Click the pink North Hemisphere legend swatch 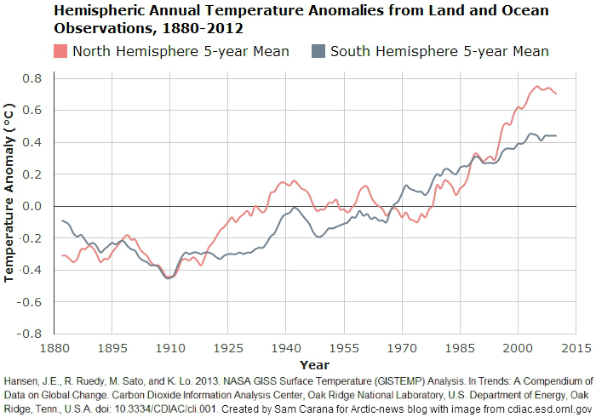coord(61,51)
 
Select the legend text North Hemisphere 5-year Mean coord(181,51)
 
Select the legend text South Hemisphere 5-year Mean coord(439,51)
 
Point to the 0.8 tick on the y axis coord(32,79)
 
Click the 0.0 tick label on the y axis coord(32,206)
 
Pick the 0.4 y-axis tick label coord(32,143)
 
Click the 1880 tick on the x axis coord(56,348)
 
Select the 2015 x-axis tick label coord(576,348)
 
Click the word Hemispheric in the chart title coord(98,11)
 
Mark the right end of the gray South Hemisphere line coord(557,136)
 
